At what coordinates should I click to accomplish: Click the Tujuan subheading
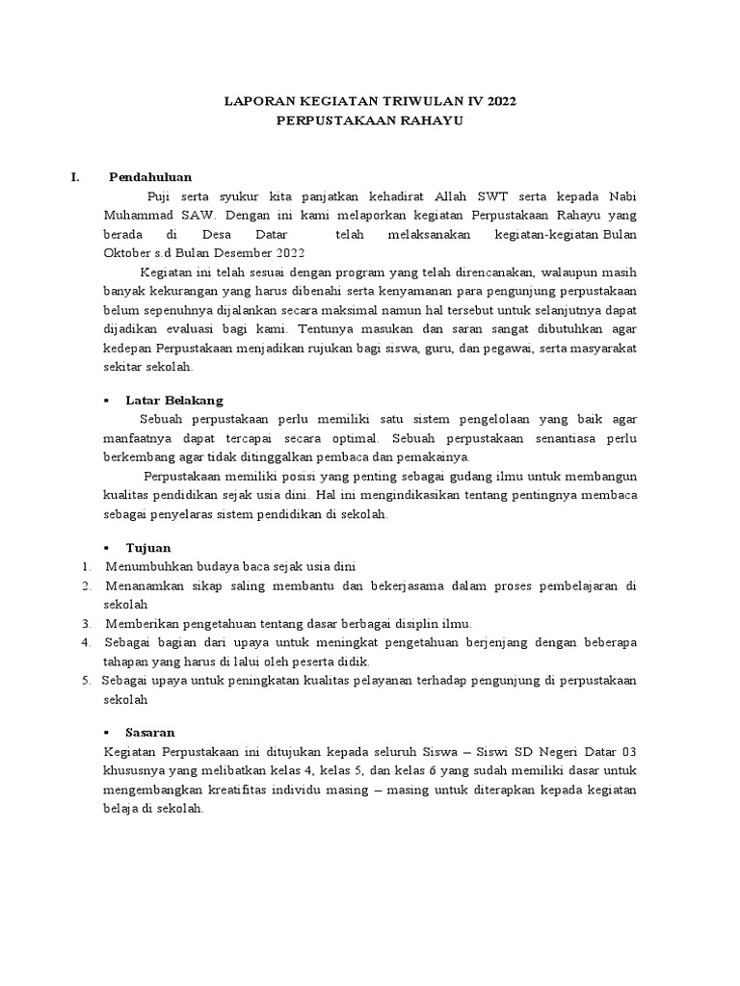(x=148, y=548)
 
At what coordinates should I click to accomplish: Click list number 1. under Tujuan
(x=87, y=567)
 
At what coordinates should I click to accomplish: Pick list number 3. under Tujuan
(x=87, y=623)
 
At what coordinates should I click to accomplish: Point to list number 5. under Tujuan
(x=87, y=680)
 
